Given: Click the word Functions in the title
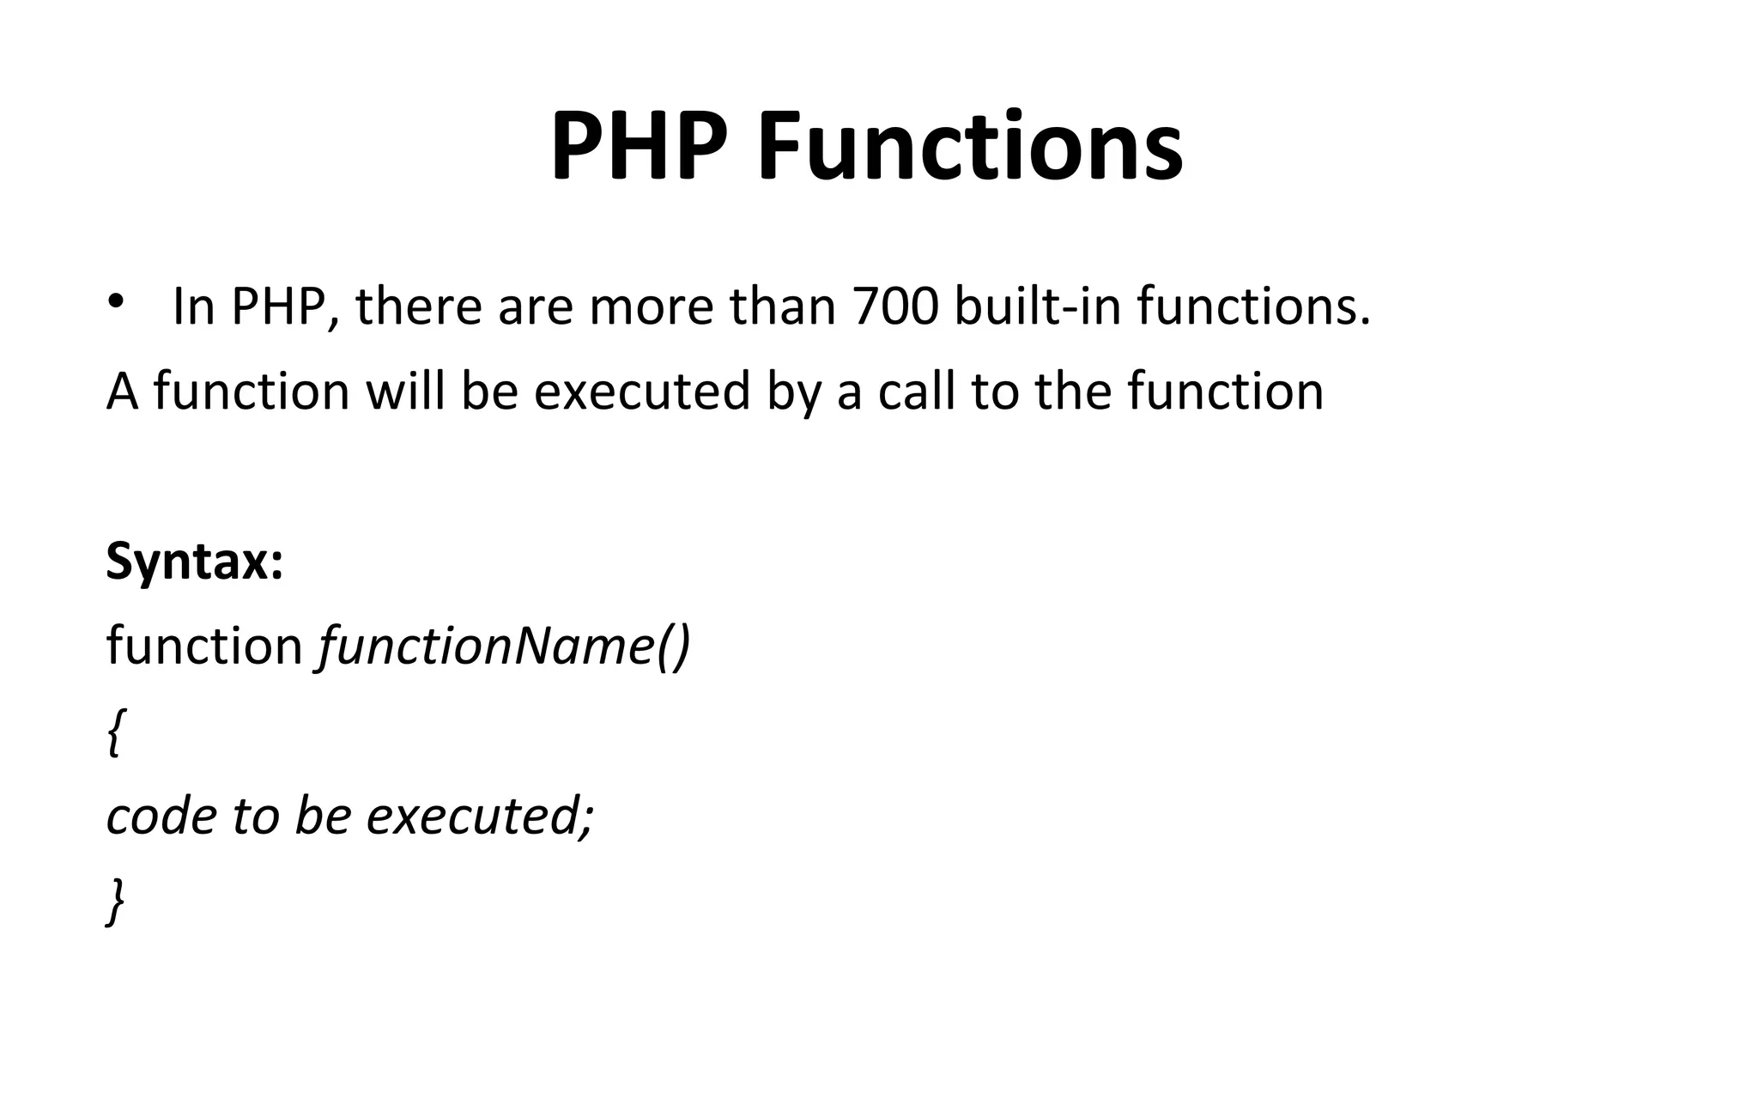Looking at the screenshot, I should (970, 147).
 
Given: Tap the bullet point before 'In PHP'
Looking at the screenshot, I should (116, 302).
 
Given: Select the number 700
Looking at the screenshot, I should (896, 307).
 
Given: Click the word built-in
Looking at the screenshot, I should (1039, 307).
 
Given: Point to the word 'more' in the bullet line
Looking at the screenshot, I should (651, 307).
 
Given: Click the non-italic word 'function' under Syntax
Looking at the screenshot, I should (204, 646).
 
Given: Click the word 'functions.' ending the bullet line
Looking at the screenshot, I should (1254, 307).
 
